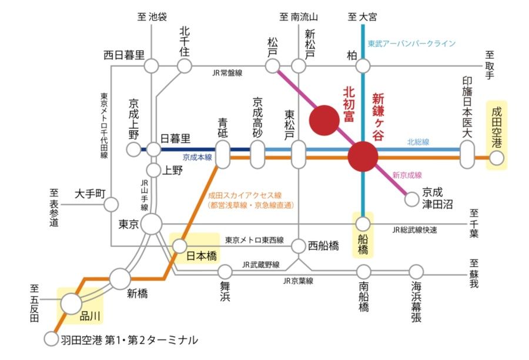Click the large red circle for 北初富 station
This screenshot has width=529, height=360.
tap(324, 120)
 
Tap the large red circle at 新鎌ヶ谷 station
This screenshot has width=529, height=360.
tap(363, 156)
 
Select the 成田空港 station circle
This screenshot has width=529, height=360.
tap(497, 158)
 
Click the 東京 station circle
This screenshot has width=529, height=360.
tap(152, 224)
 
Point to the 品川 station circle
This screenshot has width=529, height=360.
tap(71, 304)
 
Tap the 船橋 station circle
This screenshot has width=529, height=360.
tap(363, 224)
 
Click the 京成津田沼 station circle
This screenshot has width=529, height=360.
tap(411, 199)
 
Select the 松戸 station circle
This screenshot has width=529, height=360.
tap(272, 66)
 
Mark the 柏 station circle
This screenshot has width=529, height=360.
tap(363, 66)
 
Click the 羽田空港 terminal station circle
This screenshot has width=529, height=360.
tap(51, 339)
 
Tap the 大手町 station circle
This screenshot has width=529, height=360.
tap(111, 205)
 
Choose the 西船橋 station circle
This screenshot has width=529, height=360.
tap(298, 246)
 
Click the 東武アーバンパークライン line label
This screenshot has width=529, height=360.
tap(411, 44)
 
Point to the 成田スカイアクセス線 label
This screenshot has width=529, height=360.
tap(245, 195)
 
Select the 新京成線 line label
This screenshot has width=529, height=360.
tap(407, 175)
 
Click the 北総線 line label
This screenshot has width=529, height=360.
tap(418, 142)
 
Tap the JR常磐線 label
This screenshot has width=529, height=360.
tap(227, 73)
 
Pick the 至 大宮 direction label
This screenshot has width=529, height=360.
tap(362, 16)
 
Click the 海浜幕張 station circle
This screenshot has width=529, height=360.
tap(416, 272)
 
